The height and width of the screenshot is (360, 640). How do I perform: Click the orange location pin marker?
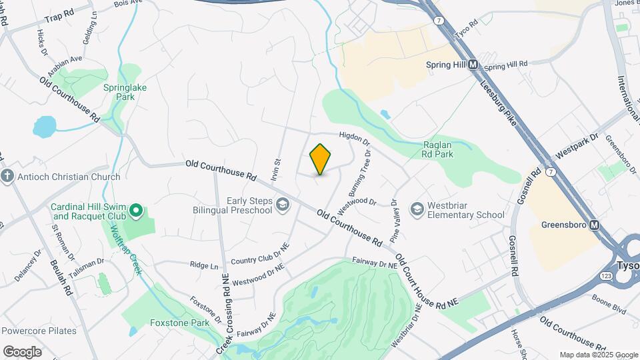(320, 159)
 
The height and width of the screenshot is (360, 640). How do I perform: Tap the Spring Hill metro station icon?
(473, 65)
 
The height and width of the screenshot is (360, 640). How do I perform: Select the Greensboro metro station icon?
(594, 225)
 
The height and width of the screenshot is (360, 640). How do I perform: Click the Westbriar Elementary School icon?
(417, 210)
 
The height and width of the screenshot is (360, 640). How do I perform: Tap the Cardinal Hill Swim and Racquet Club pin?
(137, 211)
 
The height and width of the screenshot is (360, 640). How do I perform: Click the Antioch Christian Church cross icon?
(7, 177)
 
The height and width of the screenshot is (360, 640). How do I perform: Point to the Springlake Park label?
(119, 92)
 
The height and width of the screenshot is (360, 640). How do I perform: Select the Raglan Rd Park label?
(438, 149)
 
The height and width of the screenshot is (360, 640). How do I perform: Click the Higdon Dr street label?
(354, 138)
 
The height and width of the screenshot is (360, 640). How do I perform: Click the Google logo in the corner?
(22, 352)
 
